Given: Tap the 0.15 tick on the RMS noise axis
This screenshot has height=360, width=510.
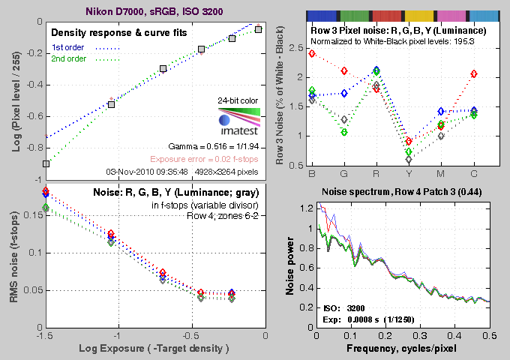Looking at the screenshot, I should coord(31,214).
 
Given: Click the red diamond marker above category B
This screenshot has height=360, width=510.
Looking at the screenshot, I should coord(312,54).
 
